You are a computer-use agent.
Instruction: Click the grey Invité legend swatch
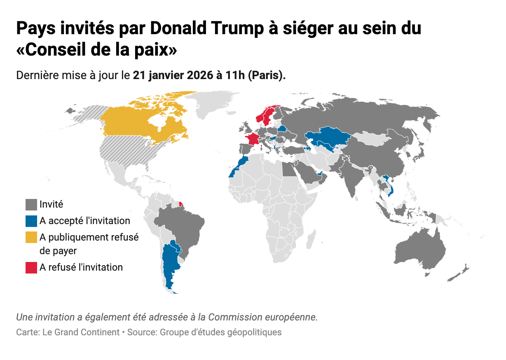click(x=31, y=204)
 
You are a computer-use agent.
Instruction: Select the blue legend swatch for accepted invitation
click(x=31, y=221)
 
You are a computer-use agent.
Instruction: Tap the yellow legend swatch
click(x=31, y=238)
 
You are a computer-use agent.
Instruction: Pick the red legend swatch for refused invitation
click(x=31, y=268)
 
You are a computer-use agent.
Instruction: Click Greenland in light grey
click(x=214, y=103)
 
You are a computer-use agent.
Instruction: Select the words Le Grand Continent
click(x=81, y=332)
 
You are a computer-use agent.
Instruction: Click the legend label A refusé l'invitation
click(x=81, y=267)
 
